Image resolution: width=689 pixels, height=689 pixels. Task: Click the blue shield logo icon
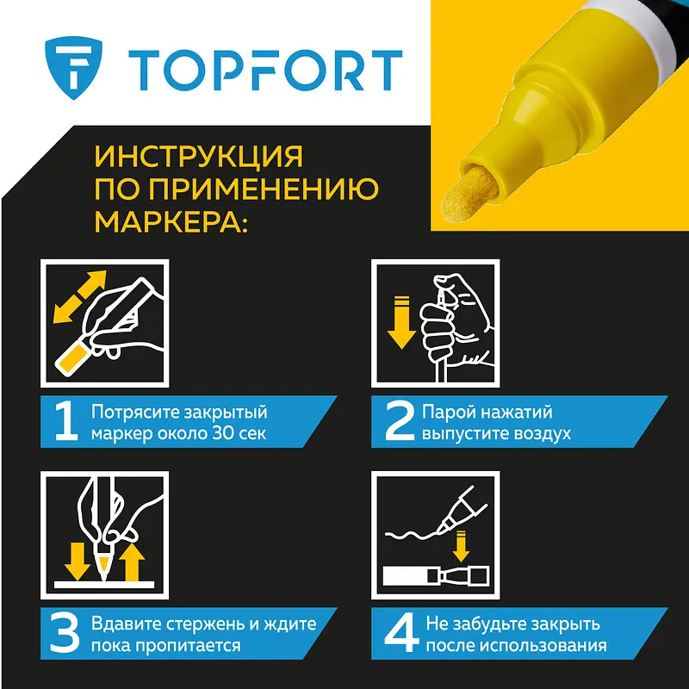(x=73, y=68)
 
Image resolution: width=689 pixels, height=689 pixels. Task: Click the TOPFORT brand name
(x=265, y=71)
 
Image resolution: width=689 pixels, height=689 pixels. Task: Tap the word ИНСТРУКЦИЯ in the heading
(x=199, y=157)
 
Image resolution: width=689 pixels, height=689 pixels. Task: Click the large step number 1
(x=66, y=421)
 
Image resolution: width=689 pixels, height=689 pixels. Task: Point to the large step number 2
(x=400, y=421)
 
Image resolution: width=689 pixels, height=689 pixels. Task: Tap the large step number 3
(x=65, y=634)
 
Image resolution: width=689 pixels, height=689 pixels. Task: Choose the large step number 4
(x=401, y=634)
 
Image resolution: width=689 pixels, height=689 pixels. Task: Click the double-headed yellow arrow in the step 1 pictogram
(x=79, y=297)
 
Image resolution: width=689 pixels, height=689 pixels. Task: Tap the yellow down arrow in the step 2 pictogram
(x=401, y=323)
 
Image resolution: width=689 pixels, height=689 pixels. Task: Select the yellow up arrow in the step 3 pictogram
(x=132, y=562)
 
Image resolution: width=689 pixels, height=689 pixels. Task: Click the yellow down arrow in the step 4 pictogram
(x=461, y=546)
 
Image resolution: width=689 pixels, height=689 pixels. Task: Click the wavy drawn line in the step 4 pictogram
(x=412, y=535)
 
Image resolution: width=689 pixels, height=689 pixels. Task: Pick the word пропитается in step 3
(x=187, y=646)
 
